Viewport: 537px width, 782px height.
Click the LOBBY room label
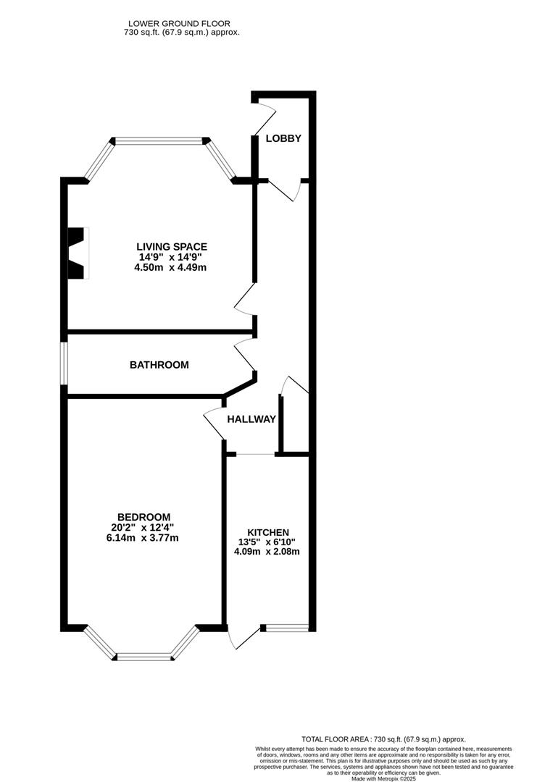[283, 138]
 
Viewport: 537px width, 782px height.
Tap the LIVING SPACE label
[172, 247]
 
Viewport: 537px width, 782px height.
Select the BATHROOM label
[159, 365]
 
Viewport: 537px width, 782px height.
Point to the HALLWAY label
[251, 419]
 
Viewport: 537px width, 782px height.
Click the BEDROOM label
[143, 518]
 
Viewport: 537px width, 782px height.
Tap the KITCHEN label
[268, 533]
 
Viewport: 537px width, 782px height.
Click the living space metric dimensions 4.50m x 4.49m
[170, 267]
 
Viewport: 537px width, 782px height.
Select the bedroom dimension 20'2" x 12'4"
[143, 528]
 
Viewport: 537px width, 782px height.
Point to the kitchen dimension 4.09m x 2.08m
[267, 552]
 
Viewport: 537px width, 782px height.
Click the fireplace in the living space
[78, 253]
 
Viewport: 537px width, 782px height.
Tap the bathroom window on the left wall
[64, 363]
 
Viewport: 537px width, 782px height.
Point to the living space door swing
[244, 299]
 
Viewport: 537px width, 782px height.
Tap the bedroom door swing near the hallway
[215, 423]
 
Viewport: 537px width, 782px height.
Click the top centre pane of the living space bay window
[159, 141]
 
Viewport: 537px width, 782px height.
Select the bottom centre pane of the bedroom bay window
[145, 657]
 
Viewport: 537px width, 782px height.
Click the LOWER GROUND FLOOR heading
[179, 23]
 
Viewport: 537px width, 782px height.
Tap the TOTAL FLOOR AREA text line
[383, 739]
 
